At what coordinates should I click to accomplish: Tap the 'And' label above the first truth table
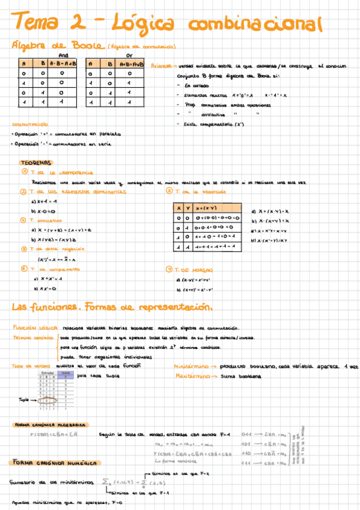[x=64, y=54]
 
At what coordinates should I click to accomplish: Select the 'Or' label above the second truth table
[x=129, y=54]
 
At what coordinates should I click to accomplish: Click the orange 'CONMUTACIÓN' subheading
[x=29, y=124]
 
